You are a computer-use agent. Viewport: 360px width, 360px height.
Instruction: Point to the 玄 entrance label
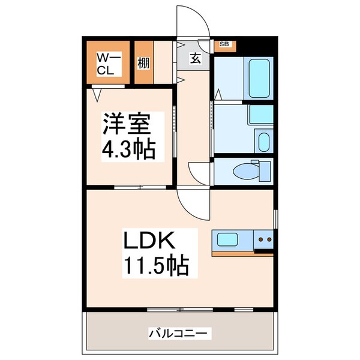[195, 59]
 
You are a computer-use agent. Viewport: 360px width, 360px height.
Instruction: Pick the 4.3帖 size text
[128, 149]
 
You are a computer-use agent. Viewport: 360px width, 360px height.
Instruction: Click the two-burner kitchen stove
[264, 241]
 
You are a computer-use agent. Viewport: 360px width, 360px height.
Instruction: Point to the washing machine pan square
[261, 113]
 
